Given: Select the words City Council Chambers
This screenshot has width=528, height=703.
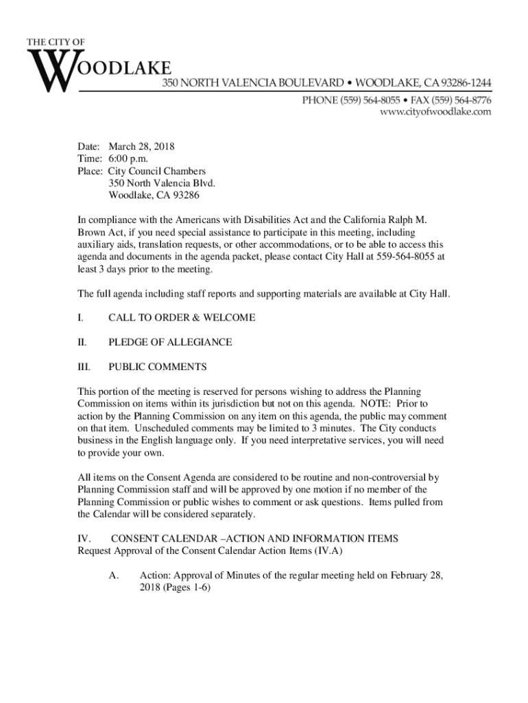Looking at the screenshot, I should pyautogui.click(x=157, y=171).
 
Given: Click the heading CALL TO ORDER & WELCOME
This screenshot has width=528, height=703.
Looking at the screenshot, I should pyautogui.click(x=182, y=318).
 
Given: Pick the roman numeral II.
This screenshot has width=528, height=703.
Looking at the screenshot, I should pyautogui.click(x=81, y=342).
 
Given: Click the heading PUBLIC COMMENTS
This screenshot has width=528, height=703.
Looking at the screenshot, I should pyautogui.click(x=157, y=367).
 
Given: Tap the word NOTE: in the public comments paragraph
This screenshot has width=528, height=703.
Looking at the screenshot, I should pyautogui.click(x=361, y=404).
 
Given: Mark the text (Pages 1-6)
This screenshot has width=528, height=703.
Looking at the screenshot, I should pyautogui.click(x=182, y=588).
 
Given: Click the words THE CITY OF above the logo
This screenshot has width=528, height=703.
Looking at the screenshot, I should pyautogui.click(x=56, y=43).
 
